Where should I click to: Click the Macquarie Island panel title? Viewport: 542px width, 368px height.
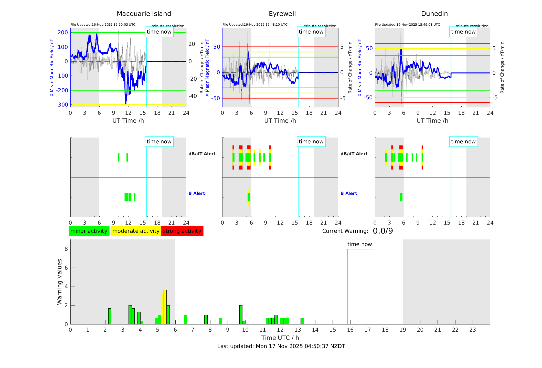(x=144, y=14)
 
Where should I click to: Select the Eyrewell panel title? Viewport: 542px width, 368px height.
(x=282, y=14)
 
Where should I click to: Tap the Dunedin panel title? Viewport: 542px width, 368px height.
(x=434, y=14)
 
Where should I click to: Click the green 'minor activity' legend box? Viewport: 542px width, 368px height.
(x=89, y=231)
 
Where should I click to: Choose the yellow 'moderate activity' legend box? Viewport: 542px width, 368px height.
(x=136, y=231)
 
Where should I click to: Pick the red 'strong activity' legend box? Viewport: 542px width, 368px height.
(x=182, y=231)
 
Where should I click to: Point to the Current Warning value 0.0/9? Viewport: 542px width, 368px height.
(x=383, y=231)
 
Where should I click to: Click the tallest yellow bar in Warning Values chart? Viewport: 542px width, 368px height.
(x=165, y=307)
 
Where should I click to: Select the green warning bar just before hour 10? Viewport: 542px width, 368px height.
(x=241, y=315)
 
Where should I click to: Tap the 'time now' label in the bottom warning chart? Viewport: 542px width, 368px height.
(x=359, y=244)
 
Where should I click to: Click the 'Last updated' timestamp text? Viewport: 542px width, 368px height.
(x=281, y=346)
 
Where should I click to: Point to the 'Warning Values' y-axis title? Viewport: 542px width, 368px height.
(x=60, y=282)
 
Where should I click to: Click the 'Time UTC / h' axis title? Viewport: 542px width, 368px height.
(x=280, y=338)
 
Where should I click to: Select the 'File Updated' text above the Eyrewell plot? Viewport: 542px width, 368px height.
(x=255, y=25)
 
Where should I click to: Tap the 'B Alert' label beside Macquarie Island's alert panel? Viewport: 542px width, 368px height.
(x=197, y=193)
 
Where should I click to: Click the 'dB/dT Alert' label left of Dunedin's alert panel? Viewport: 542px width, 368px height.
(x=354, y=154)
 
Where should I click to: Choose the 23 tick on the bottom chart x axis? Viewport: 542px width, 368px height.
(x=473, y=330)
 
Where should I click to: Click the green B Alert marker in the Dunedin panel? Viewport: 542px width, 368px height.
(x=401, y=197)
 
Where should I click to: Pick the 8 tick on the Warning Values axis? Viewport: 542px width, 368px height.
(x=66, y=249)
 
